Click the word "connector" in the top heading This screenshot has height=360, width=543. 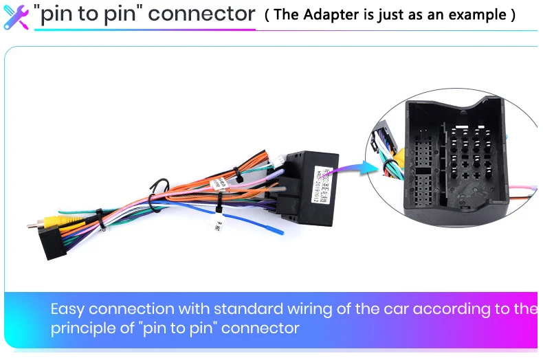tap(203, 14)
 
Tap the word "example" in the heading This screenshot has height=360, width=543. tap(479, 14)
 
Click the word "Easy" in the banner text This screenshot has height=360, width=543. tap(67, 309)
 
